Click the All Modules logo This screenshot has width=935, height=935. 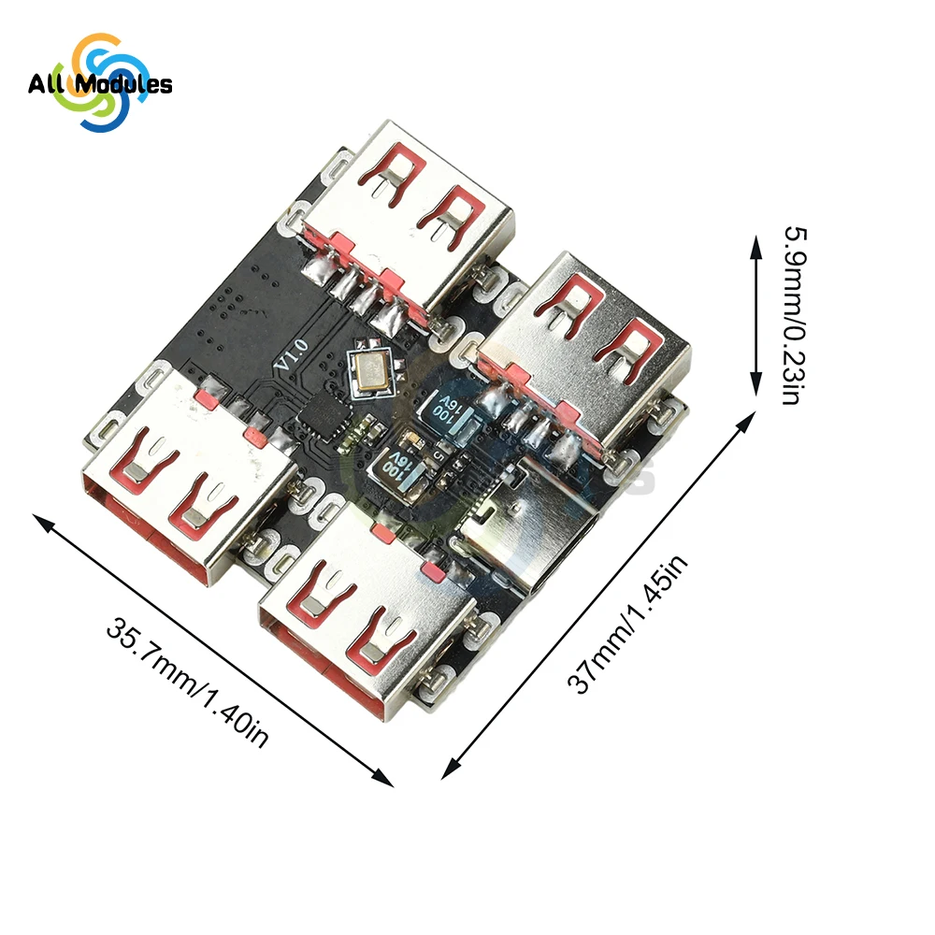click(99, 83)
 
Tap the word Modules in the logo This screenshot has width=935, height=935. click(123, 85)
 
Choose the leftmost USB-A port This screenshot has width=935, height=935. click(178, 477)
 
